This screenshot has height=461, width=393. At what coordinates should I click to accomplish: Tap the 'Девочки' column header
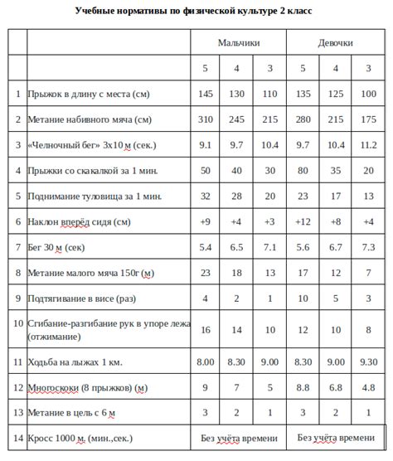tap(335, 41)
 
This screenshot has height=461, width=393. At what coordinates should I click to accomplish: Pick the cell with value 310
tap(206, 119)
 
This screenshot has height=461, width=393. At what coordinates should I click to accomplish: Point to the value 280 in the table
tap(303, 119)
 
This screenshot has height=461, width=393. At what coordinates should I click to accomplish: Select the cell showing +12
tap(303, 222)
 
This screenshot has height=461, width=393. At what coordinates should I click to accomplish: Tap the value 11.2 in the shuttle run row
tap(367, 145)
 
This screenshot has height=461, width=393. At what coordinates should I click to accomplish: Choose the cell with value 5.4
tap(206, 248)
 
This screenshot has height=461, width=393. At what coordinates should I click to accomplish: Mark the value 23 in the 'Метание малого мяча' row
tap(206, 273)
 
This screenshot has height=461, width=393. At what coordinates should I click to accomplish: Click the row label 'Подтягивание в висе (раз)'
tap(80, 298)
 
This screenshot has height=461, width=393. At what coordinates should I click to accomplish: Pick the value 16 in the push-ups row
tap(206, 329)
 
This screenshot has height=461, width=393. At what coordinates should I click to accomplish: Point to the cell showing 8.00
tap(206, 362)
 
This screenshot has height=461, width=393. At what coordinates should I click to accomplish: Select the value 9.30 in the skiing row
tap(367, 362)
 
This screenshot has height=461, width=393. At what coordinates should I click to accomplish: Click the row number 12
tap(17, 387)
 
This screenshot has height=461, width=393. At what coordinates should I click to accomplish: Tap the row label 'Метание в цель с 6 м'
tap(71, 412)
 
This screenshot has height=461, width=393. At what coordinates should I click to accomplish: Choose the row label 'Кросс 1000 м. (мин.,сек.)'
tap(80, 438)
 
